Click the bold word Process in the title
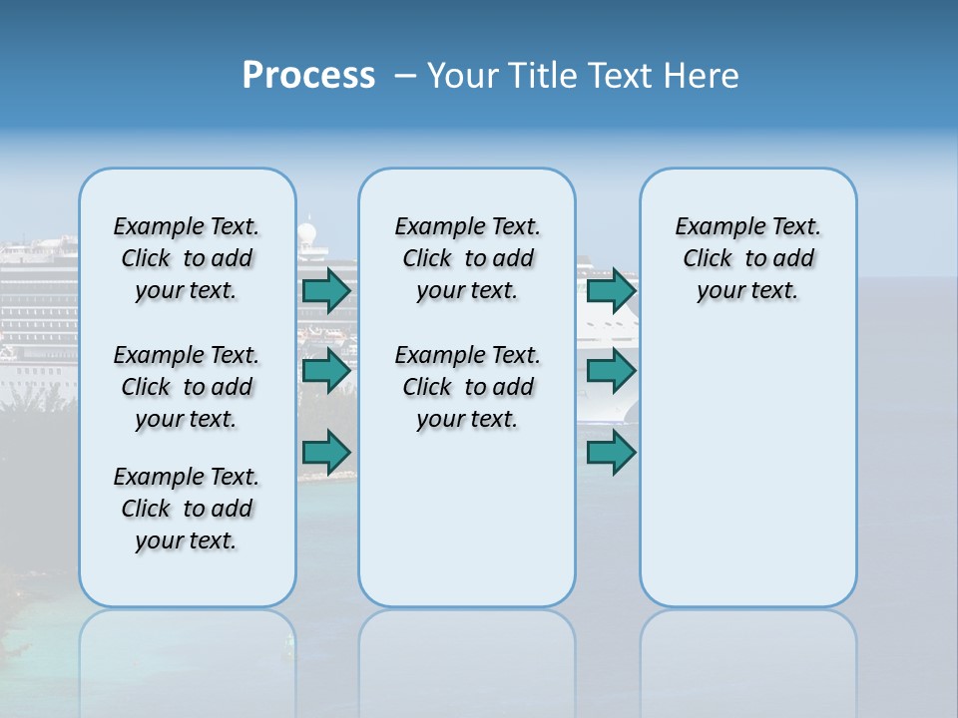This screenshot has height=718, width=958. [x=308, y=76]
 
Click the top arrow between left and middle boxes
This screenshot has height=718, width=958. [x=326, y=290]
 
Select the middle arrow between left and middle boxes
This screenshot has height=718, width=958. [x=326, y=371]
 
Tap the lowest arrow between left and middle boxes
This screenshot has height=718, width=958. [x=326, y=452]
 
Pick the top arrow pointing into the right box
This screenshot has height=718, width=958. [x=611, y=290]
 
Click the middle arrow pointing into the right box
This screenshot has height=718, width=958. [x=611, y=371]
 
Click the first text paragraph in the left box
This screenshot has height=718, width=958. [x=187, y=258]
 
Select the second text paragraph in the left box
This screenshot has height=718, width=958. [x=187, y=387]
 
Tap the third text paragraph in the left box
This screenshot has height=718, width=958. [x=187, y=509]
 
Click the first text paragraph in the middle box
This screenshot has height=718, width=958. [x=467, y=258]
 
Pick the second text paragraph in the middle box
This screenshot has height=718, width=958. [x=467, y=387]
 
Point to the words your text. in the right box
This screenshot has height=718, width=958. [x=747, y=291]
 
